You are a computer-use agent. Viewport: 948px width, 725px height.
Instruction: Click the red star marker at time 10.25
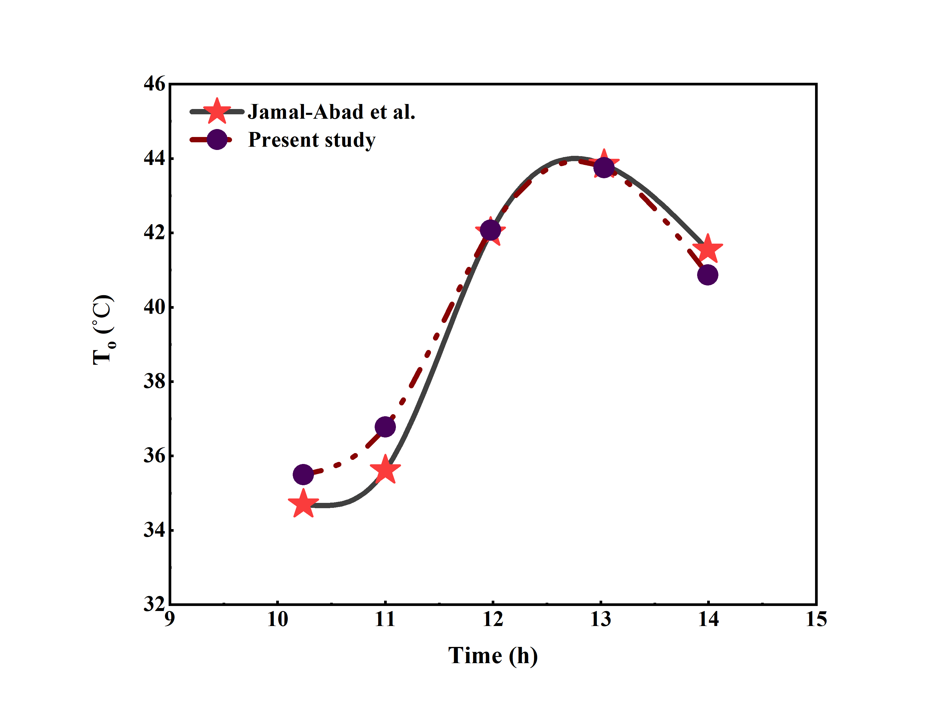[x=303, y=504]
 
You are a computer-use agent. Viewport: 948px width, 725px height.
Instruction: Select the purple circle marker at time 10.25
[x=303, y=475]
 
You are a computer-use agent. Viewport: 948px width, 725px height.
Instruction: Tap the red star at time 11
[x=385, y=470]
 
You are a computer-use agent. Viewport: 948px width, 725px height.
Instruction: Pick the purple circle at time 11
[x=385, y=427]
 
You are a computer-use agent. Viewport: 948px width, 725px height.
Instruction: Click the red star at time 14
[x=707, y=249]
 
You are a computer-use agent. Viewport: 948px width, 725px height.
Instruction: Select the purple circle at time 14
[x=707, y=275]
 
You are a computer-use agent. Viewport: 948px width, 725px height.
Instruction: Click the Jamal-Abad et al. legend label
[x=331, y=112]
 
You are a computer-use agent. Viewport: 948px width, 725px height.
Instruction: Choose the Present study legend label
[x=312, y=140]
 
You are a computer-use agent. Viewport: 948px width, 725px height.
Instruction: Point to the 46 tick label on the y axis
[x=154, y=84]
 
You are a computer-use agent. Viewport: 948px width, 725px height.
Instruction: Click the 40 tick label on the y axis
[x=154, y=307]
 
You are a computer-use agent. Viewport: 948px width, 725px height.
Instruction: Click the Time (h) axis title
[x=493, y=656]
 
